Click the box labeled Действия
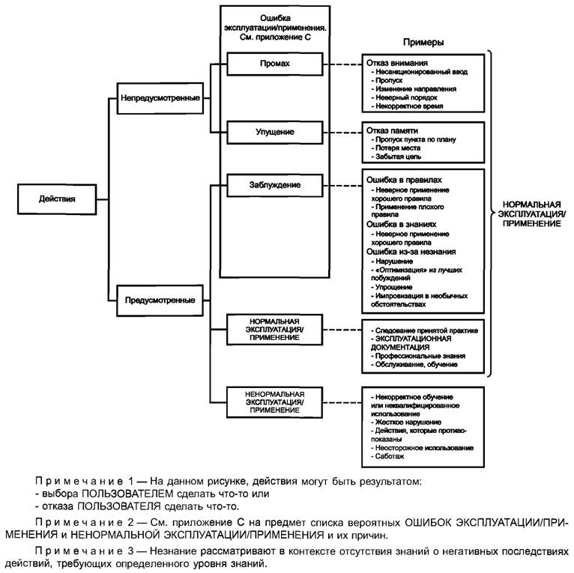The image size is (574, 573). (57, 198)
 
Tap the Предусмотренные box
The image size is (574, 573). (160, 301)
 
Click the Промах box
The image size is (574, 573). (274, 64)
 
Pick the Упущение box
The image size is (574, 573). (274, 132)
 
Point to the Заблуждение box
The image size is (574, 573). (274, 184)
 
